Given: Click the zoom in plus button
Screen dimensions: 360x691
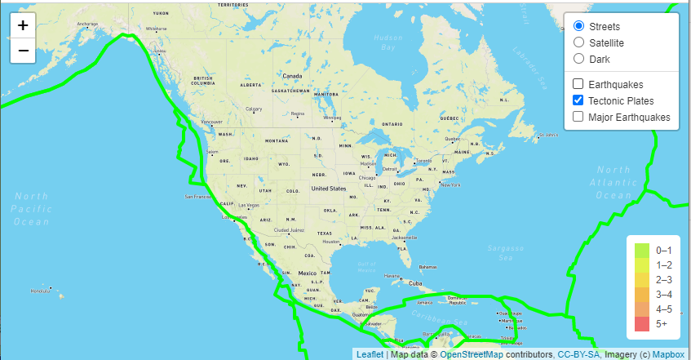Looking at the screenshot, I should point(23,25).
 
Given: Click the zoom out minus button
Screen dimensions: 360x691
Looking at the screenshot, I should point(23,51).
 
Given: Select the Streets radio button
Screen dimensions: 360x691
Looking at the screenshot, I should point(578,26).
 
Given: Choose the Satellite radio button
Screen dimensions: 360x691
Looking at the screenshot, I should point(578,42).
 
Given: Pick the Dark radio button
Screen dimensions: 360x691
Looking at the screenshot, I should point(578,59).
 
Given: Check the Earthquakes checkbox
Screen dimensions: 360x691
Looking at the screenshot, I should point(578,84).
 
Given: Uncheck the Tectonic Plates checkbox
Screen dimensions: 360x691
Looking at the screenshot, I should point(578,100).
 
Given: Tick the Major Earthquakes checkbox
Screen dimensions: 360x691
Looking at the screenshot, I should point(578,117).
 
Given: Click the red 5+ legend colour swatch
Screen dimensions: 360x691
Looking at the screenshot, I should point(642,324).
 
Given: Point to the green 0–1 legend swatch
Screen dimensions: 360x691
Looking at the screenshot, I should point(642,251).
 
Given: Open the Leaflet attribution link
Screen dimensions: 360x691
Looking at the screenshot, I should point(370,354).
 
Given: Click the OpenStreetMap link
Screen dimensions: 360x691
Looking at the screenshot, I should point(471,354).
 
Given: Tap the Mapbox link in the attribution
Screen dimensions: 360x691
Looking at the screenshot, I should point(668,354).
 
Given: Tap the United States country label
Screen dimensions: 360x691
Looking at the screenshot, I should point(329,189).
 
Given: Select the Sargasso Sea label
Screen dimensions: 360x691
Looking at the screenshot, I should point(507,250).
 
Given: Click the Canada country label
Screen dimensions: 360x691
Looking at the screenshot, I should point(292,76).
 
